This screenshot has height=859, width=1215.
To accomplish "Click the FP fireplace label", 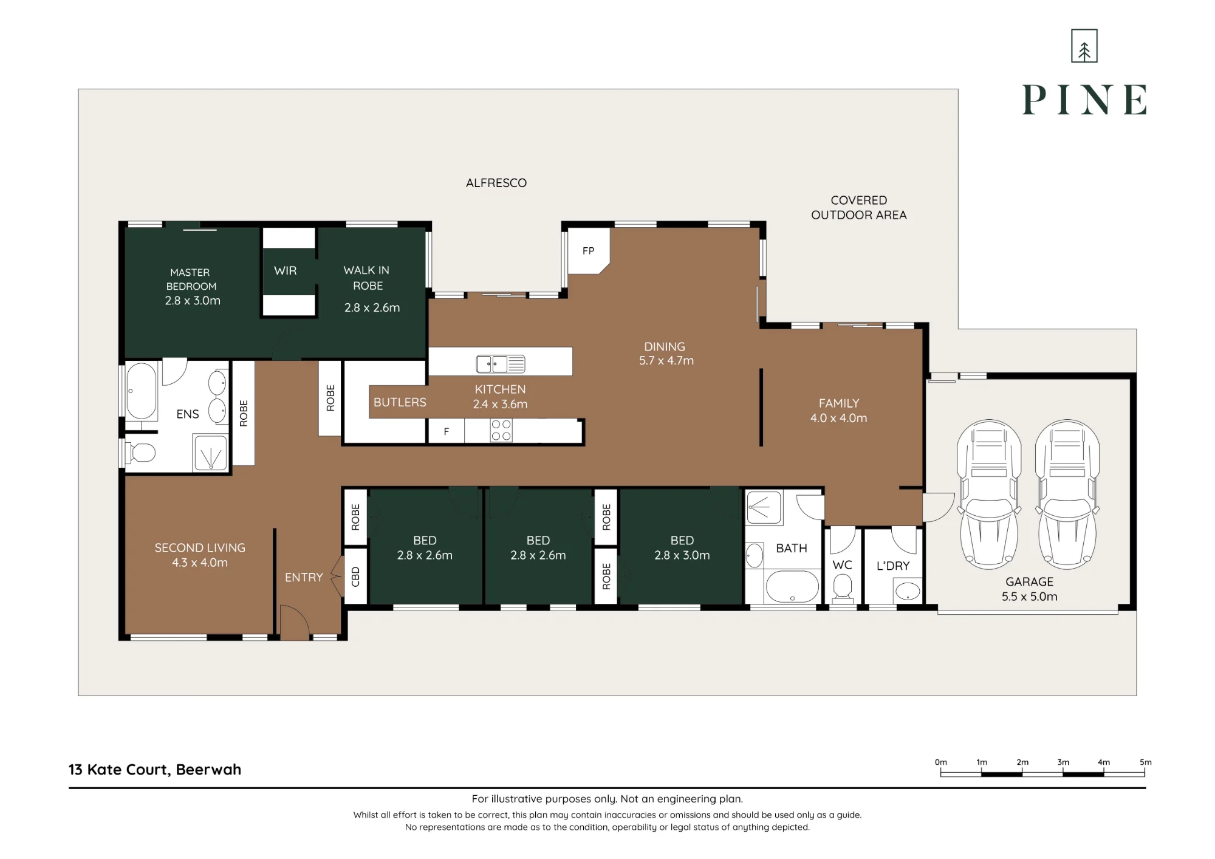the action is (x=588, y=251).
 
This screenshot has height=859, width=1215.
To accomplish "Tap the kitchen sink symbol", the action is (x=501, y=364).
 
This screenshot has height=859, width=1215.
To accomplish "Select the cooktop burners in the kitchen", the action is (x=501, y=431).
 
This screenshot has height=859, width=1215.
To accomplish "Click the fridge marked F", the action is (x=447, y=431).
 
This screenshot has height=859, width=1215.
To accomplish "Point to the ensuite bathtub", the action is (x=141, y=391).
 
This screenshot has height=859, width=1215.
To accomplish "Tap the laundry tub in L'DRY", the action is (x=908, y=590).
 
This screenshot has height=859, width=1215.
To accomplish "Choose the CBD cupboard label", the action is (x=356, y=577).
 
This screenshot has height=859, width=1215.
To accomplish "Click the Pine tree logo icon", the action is (x=1084, y=46).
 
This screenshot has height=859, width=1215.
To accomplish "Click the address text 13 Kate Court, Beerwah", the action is (x=155, y=770).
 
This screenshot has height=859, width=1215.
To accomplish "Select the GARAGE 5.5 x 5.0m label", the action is (x=1030, y=589).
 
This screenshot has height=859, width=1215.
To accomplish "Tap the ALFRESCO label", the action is (x=496, y=183).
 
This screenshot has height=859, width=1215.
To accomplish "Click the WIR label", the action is (x=286, y=271).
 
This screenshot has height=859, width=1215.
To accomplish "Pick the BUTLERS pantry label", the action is (x=400, y=402).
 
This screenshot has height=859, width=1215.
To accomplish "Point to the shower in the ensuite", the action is (x=210, y=453).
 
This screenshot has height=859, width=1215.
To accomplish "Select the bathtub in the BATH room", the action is (x=792, y=587).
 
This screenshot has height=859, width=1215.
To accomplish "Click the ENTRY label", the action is (x=304, y=578).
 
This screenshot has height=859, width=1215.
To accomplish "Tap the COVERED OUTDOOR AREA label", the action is (x=859, y=208).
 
